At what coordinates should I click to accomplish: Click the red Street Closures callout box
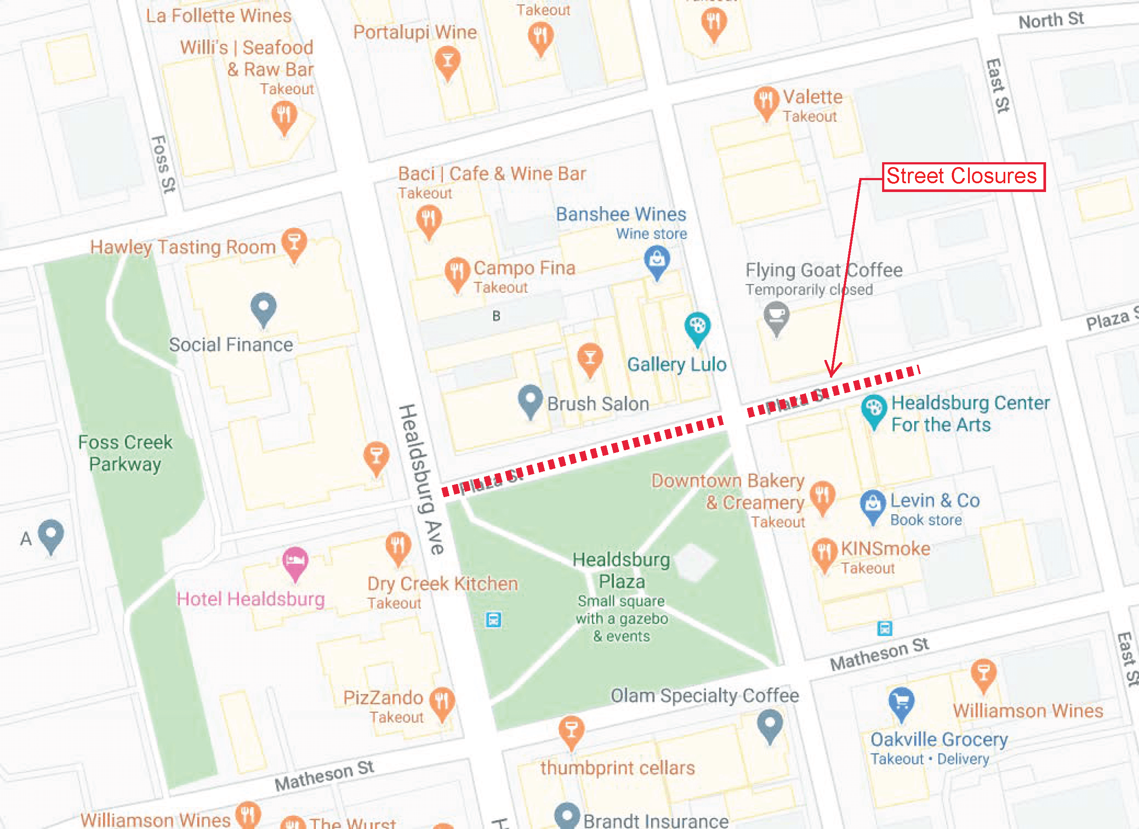pyautogui.click(x=964, y=176)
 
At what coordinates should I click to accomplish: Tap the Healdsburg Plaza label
pyautogui.click(x=621, y=570)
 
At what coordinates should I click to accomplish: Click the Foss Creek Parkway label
pyautogui.click(x=125, y=453)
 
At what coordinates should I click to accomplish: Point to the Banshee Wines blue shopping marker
pyautogui.click(x=656, y=260)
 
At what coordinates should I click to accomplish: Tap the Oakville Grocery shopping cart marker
pyautogui.click(x=901, y=701)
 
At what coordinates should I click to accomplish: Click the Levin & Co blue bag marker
pyautogui.click(x=873, y=504)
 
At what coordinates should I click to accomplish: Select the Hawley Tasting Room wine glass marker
pyautogui.click(x=294, y=242)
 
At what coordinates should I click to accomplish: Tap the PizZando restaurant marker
pyautogui.click(x=442, y=701)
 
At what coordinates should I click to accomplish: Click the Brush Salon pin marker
pyautogui.click(x=530, y=399)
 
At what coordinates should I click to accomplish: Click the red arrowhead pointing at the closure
pyautogui.click(x=832, y=370)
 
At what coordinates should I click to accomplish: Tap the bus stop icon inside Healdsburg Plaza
pyautogui.click(x=493, y=619)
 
